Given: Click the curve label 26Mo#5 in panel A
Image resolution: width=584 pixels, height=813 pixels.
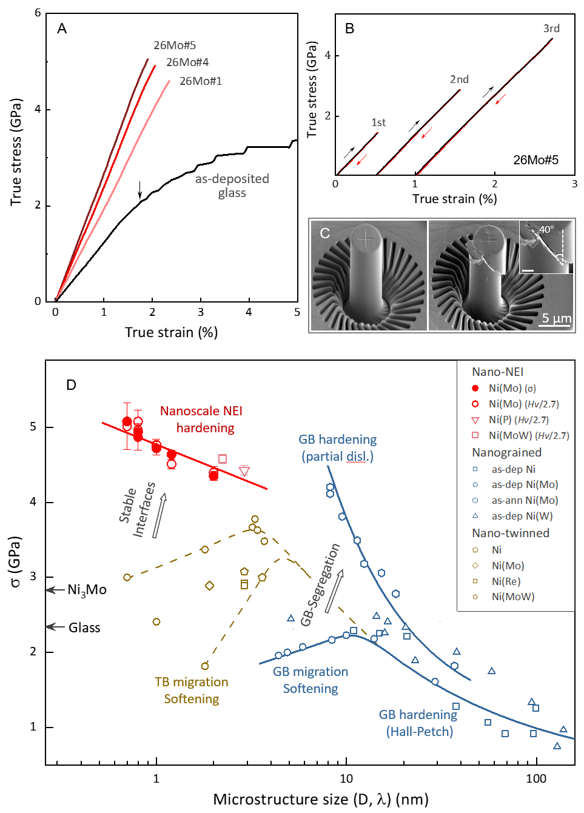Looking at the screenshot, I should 175,45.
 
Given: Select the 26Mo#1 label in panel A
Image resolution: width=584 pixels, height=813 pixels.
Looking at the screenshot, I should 201,81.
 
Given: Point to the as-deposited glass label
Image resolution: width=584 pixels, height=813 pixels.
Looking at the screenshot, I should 232,186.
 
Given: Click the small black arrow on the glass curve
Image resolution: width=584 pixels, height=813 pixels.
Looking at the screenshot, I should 140,190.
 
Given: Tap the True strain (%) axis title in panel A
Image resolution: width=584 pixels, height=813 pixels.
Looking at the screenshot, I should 171,332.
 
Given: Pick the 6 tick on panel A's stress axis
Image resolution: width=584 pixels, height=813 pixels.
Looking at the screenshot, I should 38,13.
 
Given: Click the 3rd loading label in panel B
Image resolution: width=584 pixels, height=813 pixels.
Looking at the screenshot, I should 551,28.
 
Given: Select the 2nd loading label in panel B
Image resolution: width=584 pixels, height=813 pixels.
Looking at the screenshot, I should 459,79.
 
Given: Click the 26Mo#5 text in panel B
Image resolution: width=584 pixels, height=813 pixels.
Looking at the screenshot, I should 535,160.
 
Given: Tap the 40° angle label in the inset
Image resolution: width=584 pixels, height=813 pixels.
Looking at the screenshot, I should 546,229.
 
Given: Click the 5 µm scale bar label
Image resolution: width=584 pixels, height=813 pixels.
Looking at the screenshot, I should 556,318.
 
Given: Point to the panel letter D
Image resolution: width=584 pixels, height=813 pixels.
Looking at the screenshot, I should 72,386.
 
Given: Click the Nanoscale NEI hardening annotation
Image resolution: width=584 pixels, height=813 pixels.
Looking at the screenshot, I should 201,420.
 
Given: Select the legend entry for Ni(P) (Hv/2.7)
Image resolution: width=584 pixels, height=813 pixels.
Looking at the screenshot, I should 519,420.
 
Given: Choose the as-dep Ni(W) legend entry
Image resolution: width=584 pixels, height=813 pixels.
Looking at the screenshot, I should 522,516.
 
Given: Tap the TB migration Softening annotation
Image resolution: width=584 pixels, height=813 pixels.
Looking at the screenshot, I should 192,691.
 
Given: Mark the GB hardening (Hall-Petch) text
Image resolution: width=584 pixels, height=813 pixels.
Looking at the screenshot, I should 419,723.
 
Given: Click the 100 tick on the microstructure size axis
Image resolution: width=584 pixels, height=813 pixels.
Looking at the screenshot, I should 536,779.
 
